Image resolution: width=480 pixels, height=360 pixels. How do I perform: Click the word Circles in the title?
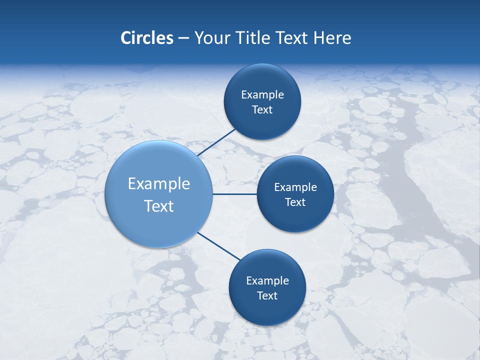click(146, 38)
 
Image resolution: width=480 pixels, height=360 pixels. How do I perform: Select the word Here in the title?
click(332, 38)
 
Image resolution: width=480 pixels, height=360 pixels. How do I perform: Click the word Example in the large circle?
click(159, 184)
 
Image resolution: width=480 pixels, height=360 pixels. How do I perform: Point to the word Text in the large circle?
click(159, 206)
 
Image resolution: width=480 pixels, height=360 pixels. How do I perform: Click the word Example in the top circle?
click(262, 95)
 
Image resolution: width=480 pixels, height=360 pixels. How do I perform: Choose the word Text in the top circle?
click(262, 110)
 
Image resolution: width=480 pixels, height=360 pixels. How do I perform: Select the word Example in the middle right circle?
click(295, 187)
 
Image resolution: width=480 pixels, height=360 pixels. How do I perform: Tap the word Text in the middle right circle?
click(295, 202)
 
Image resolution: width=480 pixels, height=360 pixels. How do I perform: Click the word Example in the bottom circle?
click(267, 281)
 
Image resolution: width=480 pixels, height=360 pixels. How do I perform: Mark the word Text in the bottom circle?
click(267, 296)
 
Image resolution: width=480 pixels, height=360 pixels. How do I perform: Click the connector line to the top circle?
click(216, 142)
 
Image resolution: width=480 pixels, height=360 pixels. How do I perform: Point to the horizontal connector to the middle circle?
click(235, 194)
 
